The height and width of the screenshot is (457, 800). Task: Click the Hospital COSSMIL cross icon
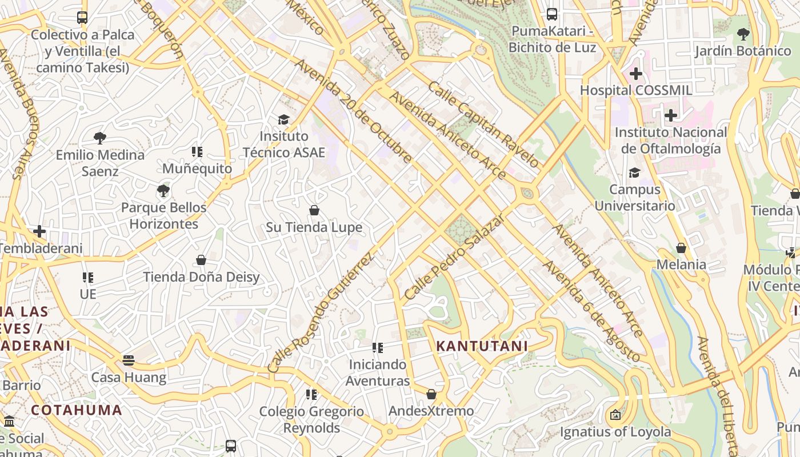coord(636,74)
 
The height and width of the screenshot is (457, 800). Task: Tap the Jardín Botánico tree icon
coord(743,34)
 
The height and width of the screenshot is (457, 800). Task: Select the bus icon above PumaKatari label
coord(552,14)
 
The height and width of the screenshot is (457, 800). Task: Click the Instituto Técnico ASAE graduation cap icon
coord(283,119)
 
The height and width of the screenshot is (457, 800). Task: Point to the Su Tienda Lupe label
coord(314,227)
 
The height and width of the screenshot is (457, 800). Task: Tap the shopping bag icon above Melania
coord(681,248)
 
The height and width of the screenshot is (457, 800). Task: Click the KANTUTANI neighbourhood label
coord(482,346)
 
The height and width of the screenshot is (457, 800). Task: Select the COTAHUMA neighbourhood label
coord(77,410)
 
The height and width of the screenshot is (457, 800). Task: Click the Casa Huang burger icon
coord(129,360)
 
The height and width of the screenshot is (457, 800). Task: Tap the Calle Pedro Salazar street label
coord(455,258)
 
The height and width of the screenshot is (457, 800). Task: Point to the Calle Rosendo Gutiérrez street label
coord(321,312)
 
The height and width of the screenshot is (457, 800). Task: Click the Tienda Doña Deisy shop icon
coord(201,260)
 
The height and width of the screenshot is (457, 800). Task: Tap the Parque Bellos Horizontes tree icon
coord(163,190)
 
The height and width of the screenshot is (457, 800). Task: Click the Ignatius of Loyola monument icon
coord(615,415)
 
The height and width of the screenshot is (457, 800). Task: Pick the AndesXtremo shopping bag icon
coord(431,394)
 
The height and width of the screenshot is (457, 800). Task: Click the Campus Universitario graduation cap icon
coord(634,173)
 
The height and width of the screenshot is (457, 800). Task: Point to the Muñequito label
coord(197,169)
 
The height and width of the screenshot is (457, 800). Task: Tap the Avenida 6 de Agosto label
coord(591,311)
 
